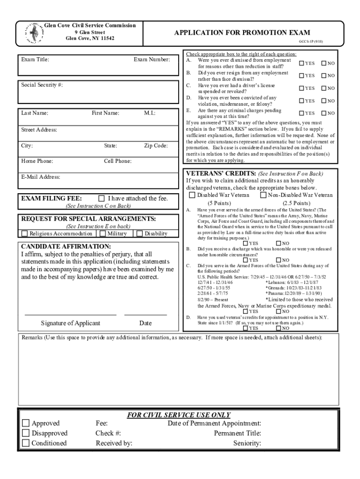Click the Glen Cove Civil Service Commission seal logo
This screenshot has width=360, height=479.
click(x=33, y=34)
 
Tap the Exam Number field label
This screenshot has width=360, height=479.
click(x=152, y=59)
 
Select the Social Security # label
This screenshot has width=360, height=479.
click(x=35, y=85)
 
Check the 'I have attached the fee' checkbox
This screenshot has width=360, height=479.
click(x=101, y=198)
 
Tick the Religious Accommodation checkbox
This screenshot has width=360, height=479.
click(x=25, y=233)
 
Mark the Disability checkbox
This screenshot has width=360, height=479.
click(x=139, y=233)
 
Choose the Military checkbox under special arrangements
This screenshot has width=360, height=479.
click(x=102, y=233)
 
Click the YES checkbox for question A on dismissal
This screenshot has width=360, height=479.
click(x=302, y=63)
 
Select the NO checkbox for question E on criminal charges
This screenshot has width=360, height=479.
click(x=323, y=113)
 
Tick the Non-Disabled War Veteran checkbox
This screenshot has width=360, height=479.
click(x=263, y=195)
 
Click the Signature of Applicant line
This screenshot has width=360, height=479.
click(x=70, y=315)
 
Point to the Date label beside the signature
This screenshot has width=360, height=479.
click(x=145, y=323)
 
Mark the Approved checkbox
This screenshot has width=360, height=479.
click(x=26, y=423)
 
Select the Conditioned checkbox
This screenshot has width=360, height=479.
click(x=26, y=443)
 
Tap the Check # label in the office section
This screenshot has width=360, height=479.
click(x=108, y=433)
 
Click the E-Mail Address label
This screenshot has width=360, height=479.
click(x=41, y=177)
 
